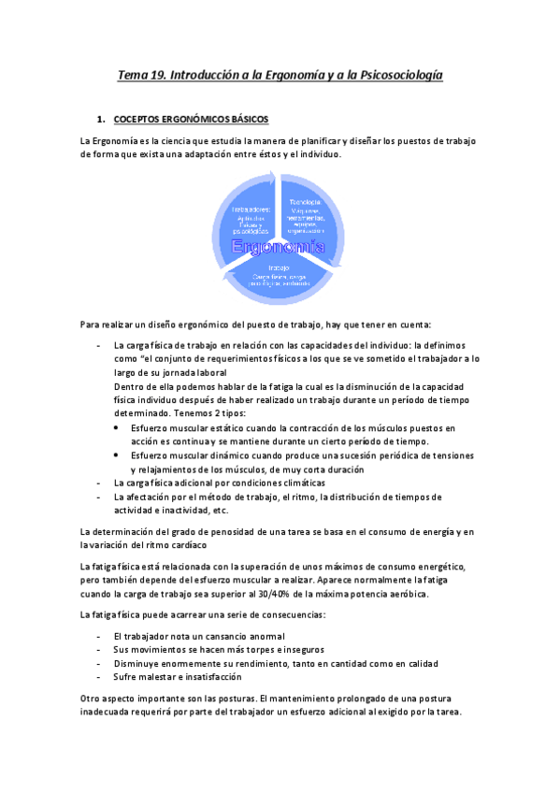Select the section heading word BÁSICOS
pyautogui.click(x=242, y=120)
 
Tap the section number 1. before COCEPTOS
pyautogui.click(x=102, y=120)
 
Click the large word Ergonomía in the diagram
pyautogui.click(x=279, y=246)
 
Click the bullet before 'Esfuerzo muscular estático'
pyautogui.click(x=114, y=428)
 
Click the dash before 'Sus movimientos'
pyautogui.click(x=100, y=649)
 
